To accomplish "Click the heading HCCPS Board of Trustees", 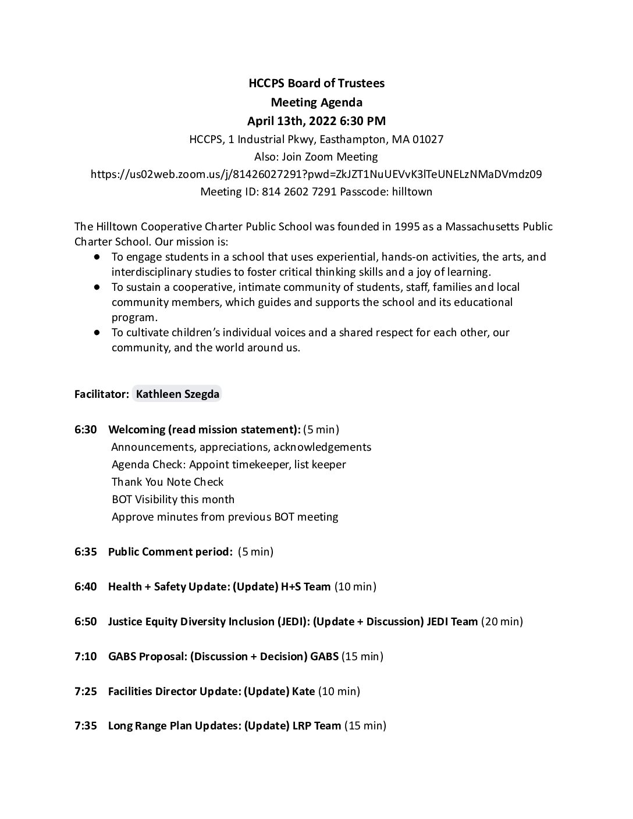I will point(316,83).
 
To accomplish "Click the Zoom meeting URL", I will point(316,174).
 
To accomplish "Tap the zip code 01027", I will point(426,140).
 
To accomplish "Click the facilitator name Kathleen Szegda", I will point(177,394).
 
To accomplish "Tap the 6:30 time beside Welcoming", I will point(86,430).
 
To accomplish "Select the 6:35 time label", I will point(86,551).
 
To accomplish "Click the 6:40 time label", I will point(86,586).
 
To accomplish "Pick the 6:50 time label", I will point(86,621).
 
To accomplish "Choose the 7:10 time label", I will point(86,656).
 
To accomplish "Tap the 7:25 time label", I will point(86,691).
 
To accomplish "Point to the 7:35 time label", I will point(86,725).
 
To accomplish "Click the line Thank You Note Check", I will point(168,482).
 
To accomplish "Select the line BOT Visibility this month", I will point(173,499).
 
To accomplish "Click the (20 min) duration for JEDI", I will point(502,621).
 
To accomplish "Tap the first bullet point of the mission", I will point(97,257).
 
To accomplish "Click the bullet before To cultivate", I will point(97,332).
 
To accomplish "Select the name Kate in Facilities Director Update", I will point(303,691).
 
